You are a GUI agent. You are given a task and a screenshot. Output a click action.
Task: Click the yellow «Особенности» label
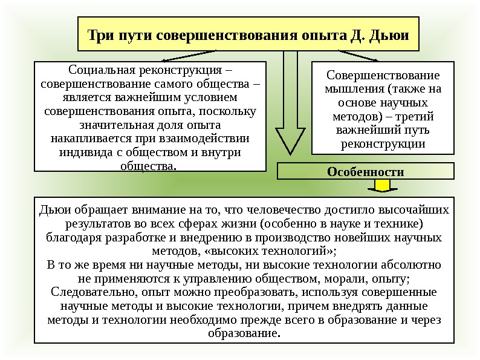coord(365,171)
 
